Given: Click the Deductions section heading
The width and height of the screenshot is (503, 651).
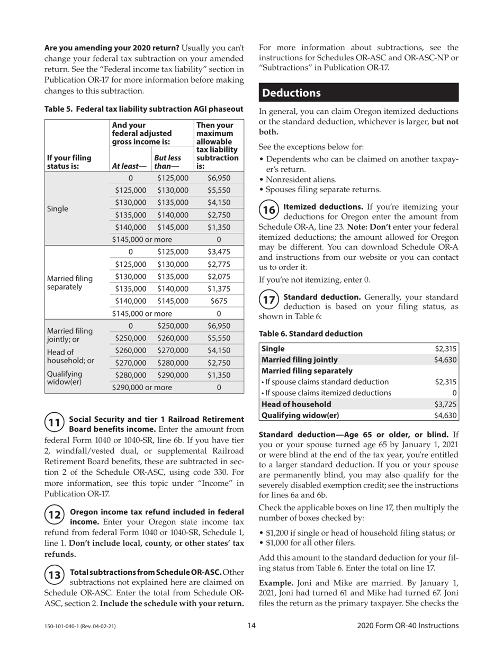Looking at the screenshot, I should (292, 93).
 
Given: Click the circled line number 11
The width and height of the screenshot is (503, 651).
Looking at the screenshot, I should (54, 422).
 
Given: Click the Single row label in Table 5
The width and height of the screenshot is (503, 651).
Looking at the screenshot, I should (58, 209).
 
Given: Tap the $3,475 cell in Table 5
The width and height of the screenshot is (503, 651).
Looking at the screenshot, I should (219, 251).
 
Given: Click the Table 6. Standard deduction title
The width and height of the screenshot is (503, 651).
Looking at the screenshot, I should (311, 333).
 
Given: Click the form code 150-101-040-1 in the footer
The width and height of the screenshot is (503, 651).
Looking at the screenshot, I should (79, 626).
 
